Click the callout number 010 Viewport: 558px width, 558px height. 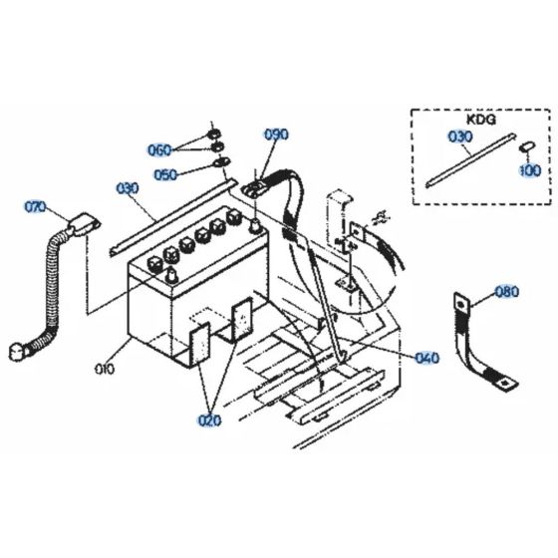coord(104,369)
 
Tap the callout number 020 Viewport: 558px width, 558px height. coord(208,419)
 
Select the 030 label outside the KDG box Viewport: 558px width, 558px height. coord(128,187)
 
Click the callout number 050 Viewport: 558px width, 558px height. coord(166,174)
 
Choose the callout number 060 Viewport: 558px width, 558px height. coord(160,149)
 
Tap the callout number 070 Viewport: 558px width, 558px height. coord(35,207)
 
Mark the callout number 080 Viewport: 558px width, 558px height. coord(507,293)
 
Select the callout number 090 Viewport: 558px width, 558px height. coord(275,135)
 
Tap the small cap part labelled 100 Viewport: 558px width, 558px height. coord(525,147)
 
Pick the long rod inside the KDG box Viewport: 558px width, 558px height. coord(468,161)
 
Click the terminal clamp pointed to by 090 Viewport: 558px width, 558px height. coord(254,184)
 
